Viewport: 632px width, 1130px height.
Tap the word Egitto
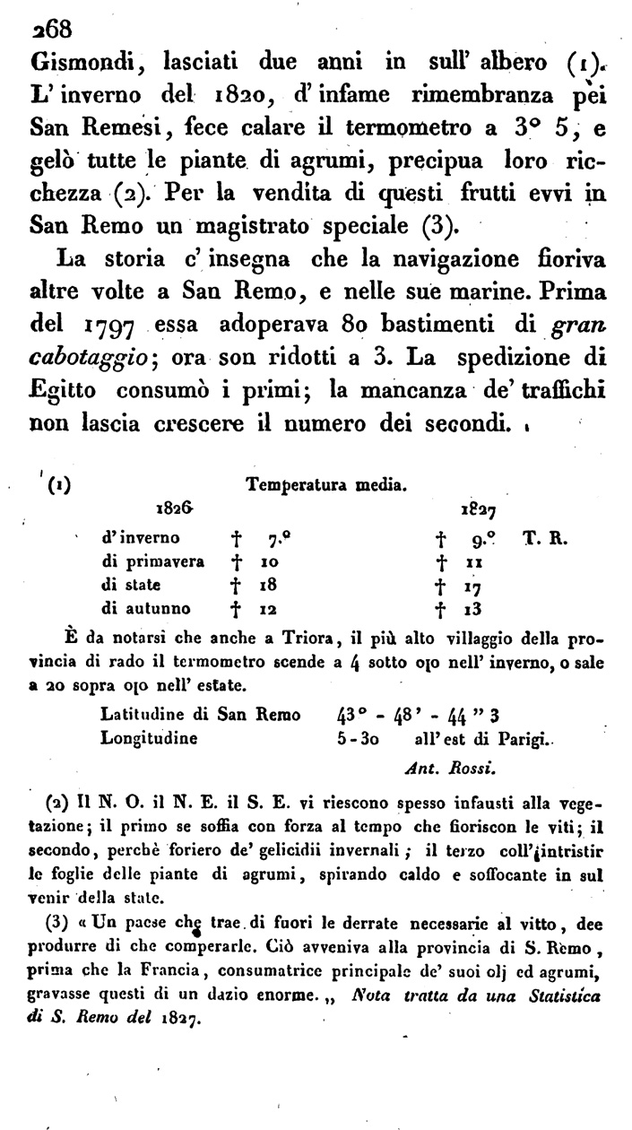tap(68, 392)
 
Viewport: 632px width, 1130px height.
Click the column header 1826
tap(175, 508)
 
